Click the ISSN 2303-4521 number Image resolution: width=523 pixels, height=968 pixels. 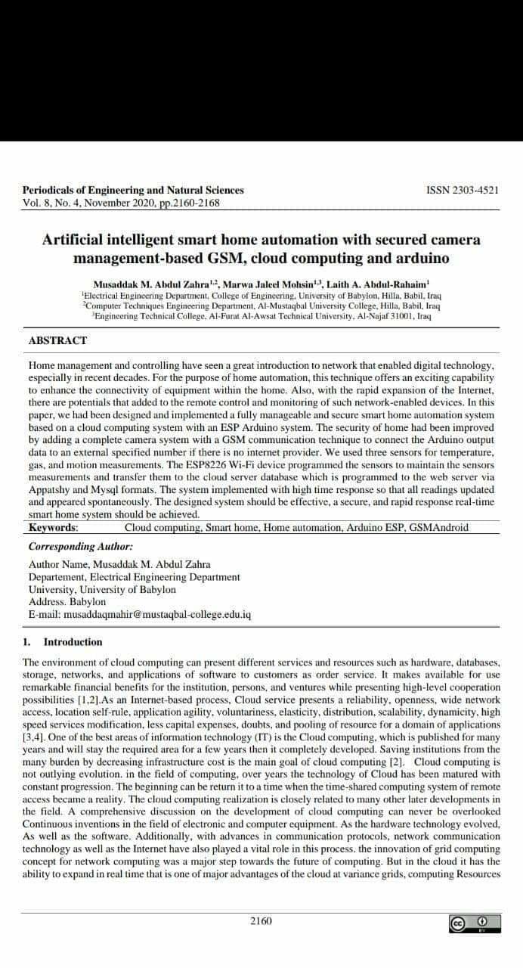click(x=463, y=191)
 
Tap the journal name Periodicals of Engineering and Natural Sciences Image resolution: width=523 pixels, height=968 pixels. click(x=133, y=191)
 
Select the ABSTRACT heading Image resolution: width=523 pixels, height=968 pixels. click(x=57, y=340)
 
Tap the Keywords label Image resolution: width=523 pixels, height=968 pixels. click(x=53, y=527)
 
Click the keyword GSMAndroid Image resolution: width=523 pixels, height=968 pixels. click(x=438, y=527)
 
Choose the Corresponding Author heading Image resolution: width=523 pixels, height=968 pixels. click(x=81, y=545)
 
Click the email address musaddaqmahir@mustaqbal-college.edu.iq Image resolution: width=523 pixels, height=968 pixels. click(x=140, y=614)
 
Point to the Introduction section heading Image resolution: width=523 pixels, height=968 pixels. click(x=73, y=642)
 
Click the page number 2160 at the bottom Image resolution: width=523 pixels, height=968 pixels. click(x=261, y=920)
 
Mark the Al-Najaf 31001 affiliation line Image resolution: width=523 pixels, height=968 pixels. click(x=261, y=315)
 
